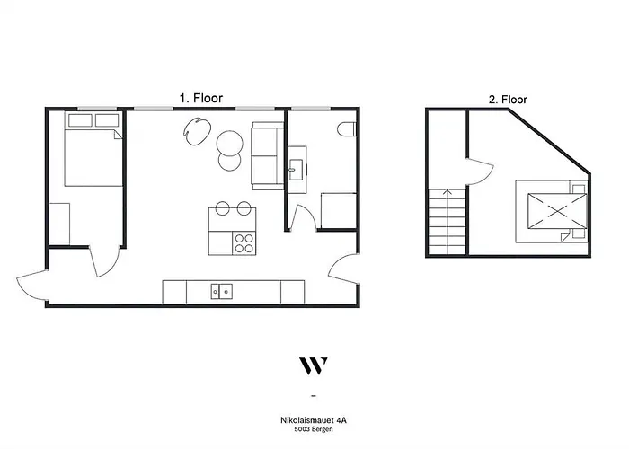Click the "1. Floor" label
pyautogui.click(x=199, y=98)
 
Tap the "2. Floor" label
pyautogui.click(x=508, y=101)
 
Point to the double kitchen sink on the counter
pyautogui.click(x=222, y=291)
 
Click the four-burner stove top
pyautogui.click(x=244, y=242)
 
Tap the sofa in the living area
pyautogui.click(x=266, y=154)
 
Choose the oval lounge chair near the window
pyautogui.click(x=196, y=131)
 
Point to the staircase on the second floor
pyautogui.click(x=446, y=222)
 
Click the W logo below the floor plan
pyautogui.click(x=313, y=365)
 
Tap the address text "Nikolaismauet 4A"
pyautogui.click(x=313, y=418)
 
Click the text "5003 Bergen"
pyautogui.click(x=313, y=428)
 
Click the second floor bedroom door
pyautogui.click(x=478, y=174)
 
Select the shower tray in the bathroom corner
pyautogui.click(x=339, y=210)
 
